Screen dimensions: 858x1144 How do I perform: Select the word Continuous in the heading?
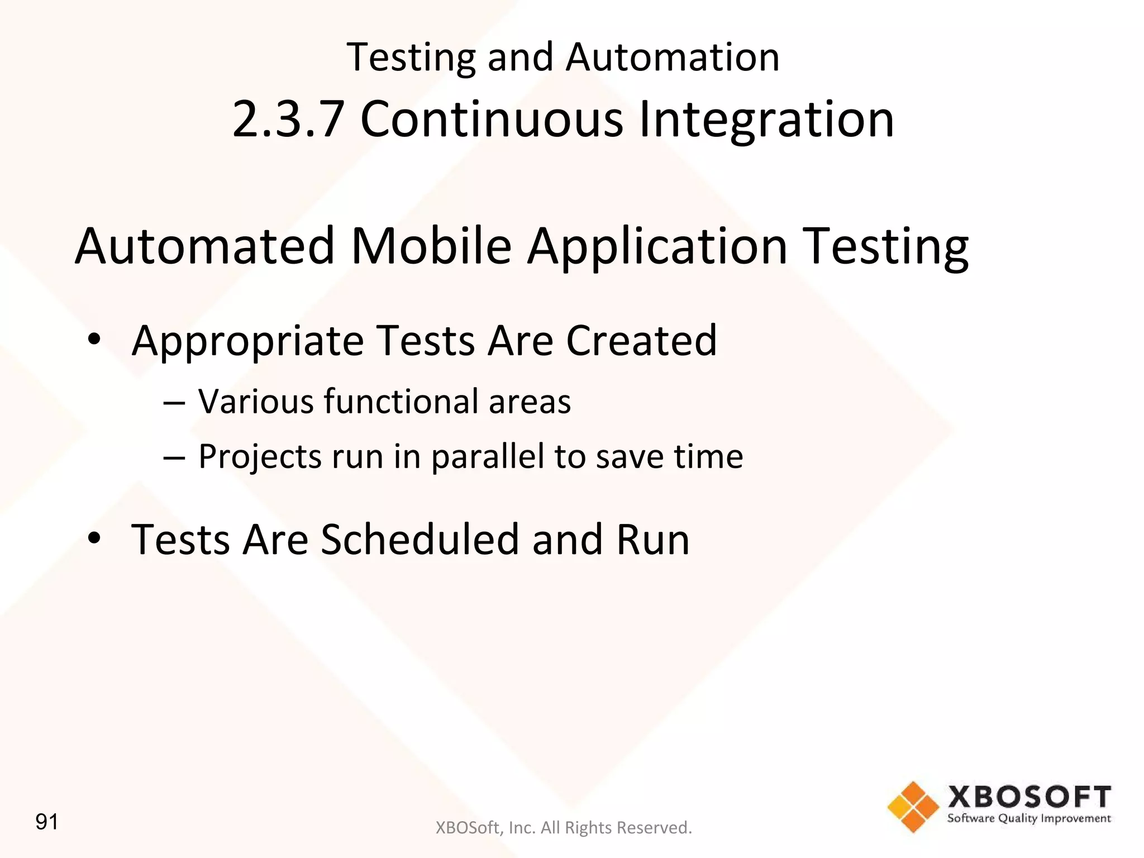pyautogui.click(x=492, y=119)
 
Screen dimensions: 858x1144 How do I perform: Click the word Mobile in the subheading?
pyautogui.click(x=431, y=246)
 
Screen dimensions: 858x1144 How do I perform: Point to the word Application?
pyautogui.click(x=657, y=246)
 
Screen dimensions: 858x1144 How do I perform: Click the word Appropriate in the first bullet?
pyautogui.click(x=247, y=341)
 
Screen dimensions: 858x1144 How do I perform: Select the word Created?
pyautogui.click(x=641, y=340)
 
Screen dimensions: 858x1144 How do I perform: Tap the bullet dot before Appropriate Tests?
pyautogui.click(x=94, y=339)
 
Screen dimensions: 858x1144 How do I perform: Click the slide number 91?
pyautogui.click(x=47, y=822)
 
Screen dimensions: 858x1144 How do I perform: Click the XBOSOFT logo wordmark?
pyautogui.click(x=1029, y=797)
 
